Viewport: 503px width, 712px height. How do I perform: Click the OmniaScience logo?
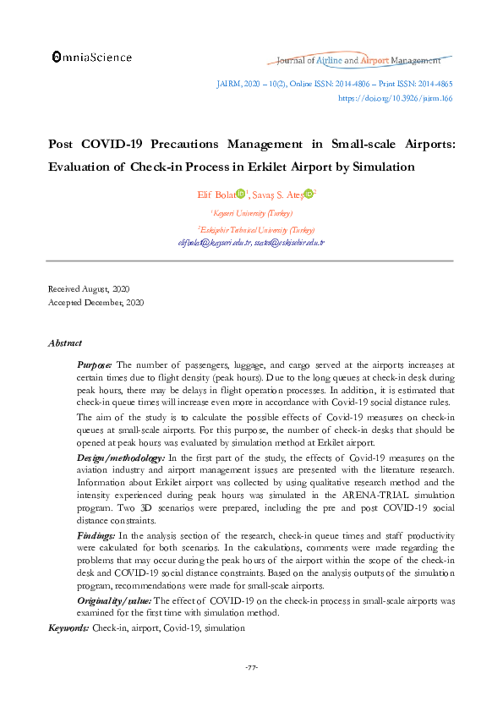tap(92, 57)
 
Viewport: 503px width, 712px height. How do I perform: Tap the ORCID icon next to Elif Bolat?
tap(240, 194)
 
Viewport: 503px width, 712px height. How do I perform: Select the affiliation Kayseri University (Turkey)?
tap(251, 214)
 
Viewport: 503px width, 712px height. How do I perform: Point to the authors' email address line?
tap(251, 242)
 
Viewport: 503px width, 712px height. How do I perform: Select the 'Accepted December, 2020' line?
tap(96, 302)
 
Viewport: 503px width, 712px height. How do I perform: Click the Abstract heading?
tap(65, 343)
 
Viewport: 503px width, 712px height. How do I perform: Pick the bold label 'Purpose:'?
tap(94, 364)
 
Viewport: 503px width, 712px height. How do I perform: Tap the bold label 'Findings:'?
tap(96, 536)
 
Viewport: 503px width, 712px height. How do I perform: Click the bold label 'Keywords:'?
tap(68, 628)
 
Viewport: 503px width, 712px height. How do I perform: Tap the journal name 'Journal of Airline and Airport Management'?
tap(358, 61)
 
